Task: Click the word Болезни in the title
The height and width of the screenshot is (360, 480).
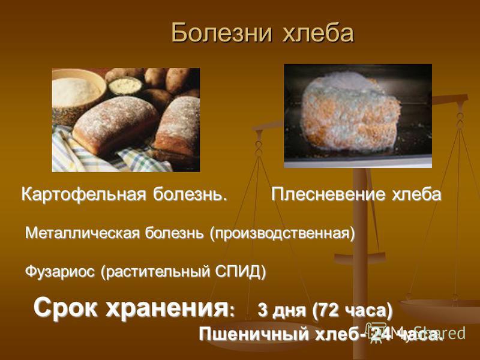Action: [221, 32]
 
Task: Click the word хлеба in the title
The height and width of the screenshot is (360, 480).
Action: [318, 32]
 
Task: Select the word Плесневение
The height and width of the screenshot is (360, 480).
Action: [328, 194]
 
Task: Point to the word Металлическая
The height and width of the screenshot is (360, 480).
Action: [83, 233]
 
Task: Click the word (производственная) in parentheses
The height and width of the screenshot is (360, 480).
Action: [282, 234]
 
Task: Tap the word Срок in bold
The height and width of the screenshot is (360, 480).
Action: [67, 308]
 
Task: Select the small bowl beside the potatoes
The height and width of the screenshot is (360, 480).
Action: [125, 85]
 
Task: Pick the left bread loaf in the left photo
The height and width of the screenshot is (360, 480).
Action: [115, 125]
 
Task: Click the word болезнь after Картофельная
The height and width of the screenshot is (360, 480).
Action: [190, 194]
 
